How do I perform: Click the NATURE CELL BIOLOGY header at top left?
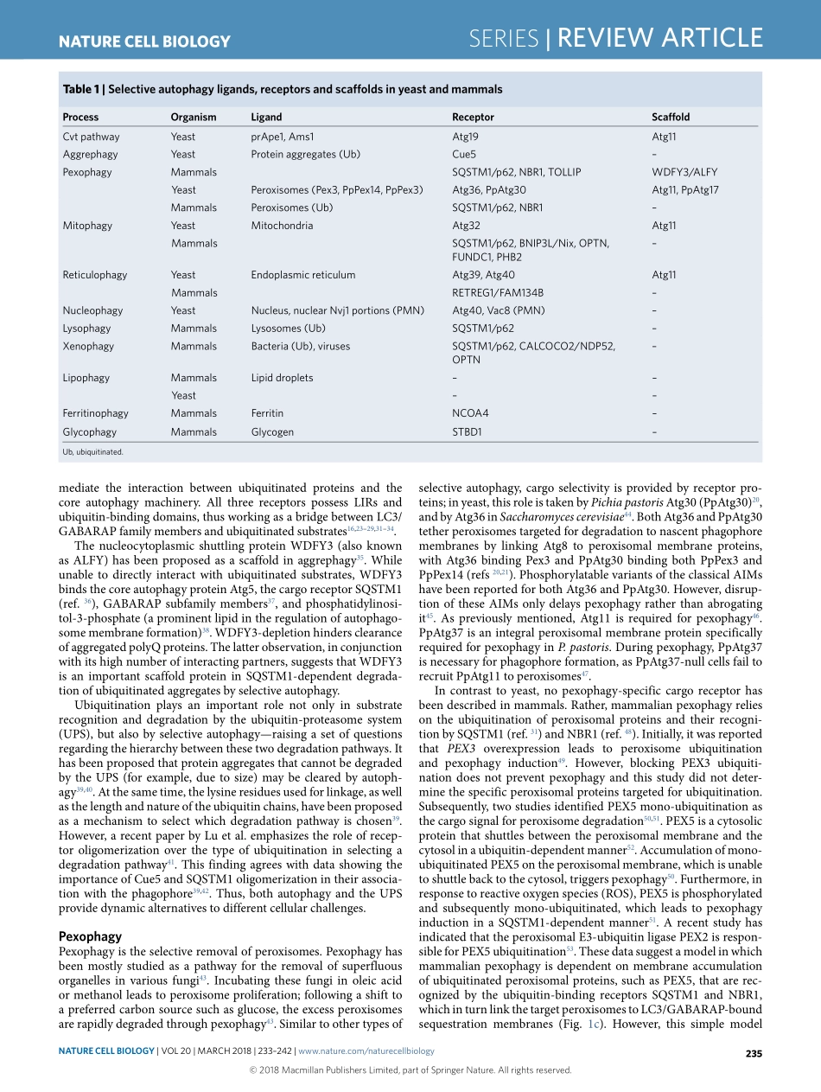pos(144,41)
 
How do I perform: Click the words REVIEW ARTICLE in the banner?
pos(659,38)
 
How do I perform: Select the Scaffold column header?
pos(671,117)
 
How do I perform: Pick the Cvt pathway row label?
pos(91,137)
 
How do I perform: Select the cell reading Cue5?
pos(464,154)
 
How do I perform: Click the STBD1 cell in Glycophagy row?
pos(467,431)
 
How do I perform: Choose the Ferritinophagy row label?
pos(95,413)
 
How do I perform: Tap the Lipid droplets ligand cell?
pos(282,378)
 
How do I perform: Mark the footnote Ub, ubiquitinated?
pos(92,451)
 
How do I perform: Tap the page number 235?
pos(753,1052)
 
